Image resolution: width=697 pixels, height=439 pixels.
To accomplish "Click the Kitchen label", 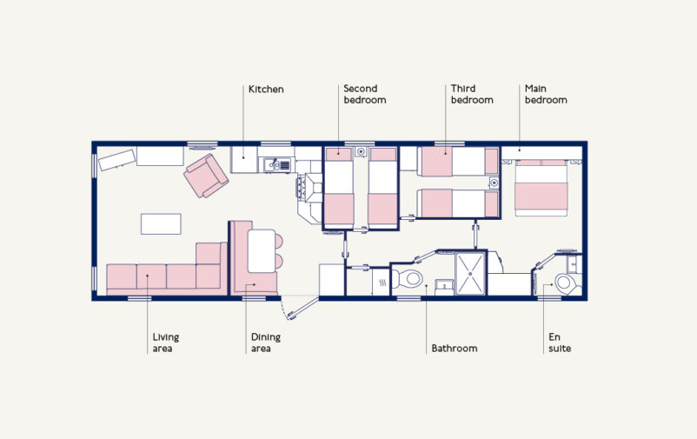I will click(266, 89).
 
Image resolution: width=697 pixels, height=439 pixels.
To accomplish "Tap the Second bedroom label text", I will click(364, 94).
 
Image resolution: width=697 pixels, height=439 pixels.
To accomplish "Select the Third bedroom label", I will click(471, 94).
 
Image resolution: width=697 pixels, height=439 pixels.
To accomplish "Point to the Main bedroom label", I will click(545, 94).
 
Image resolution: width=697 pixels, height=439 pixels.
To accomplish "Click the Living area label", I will click(166, 343).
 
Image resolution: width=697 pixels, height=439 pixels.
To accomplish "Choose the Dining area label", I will click(266, 343).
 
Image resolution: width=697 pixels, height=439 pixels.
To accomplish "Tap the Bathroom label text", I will click(454, 349).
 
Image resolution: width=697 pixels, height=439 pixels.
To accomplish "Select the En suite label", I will click(560, 343).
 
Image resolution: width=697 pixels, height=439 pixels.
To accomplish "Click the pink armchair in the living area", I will click(205, 176).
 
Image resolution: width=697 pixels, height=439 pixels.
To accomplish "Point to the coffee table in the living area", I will click(161, 223).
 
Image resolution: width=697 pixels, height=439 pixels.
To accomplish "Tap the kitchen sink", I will click(277, 163).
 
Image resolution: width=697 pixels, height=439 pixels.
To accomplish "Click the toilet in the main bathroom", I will click(408, 280).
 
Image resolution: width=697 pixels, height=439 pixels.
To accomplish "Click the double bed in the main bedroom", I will click(541, 187).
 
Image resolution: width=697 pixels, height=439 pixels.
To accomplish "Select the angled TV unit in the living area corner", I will click(116, 160).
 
